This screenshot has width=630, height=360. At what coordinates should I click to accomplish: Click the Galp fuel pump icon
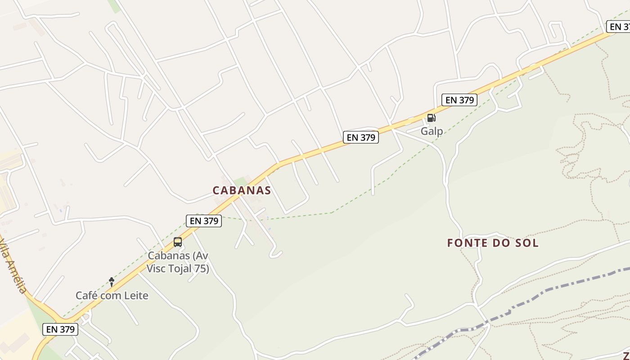(x=431, y=118)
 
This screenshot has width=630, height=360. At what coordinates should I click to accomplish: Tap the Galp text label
(x=432, y=131)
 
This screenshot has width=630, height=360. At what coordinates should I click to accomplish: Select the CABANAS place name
(x=242, y=190)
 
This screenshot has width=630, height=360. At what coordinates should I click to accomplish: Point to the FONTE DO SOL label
(x=493, y=243)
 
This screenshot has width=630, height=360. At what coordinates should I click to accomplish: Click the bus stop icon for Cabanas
(x=178, y=242)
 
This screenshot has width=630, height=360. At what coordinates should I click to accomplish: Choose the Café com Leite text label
(x=112, y=296)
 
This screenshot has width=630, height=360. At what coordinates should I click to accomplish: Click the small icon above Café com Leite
(x=112, y=282)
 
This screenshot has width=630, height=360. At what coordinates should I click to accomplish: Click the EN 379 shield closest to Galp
(x=459, y=100)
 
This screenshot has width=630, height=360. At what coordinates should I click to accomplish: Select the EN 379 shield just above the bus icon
(x=204, y=220)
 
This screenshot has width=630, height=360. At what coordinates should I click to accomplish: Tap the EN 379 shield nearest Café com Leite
(x=61, y=329)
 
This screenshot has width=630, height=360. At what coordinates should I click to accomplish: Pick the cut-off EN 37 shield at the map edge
(x=619, y=27)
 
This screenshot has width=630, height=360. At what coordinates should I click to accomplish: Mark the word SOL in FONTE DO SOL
(x=528, y=243)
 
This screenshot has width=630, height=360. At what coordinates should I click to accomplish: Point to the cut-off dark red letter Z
(x=626, y=355)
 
